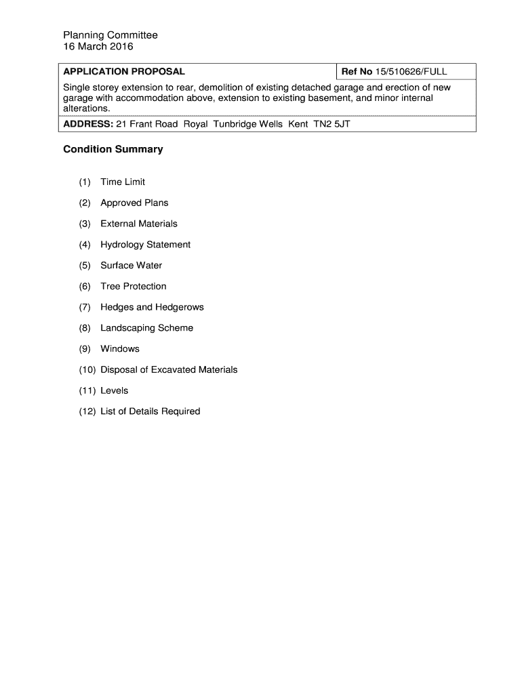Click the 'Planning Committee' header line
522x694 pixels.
111,35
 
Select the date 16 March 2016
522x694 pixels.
98,47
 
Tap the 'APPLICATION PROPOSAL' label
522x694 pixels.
124,72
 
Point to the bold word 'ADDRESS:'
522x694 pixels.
88,125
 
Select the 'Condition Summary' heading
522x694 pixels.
113,149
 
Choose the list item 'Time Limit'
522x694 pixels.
123,182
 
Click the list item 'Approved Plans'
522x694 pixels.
134,203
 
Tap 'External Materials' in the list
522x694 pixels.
139,224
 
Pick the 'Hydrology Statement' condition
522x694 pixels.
146,245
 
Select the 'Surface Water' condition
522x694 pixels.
132,266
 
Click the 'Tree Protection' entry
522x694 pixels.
134,286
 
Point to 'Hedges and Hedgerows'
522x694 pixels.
152,307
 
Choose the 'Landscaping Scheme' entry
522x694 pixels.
147,328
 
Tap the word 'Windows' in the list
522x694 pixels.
120,349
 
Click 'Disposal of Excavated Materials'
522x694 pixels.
169,369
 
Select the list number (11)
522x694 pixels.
87,390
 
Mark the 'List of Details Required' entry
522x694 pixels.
150,411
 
